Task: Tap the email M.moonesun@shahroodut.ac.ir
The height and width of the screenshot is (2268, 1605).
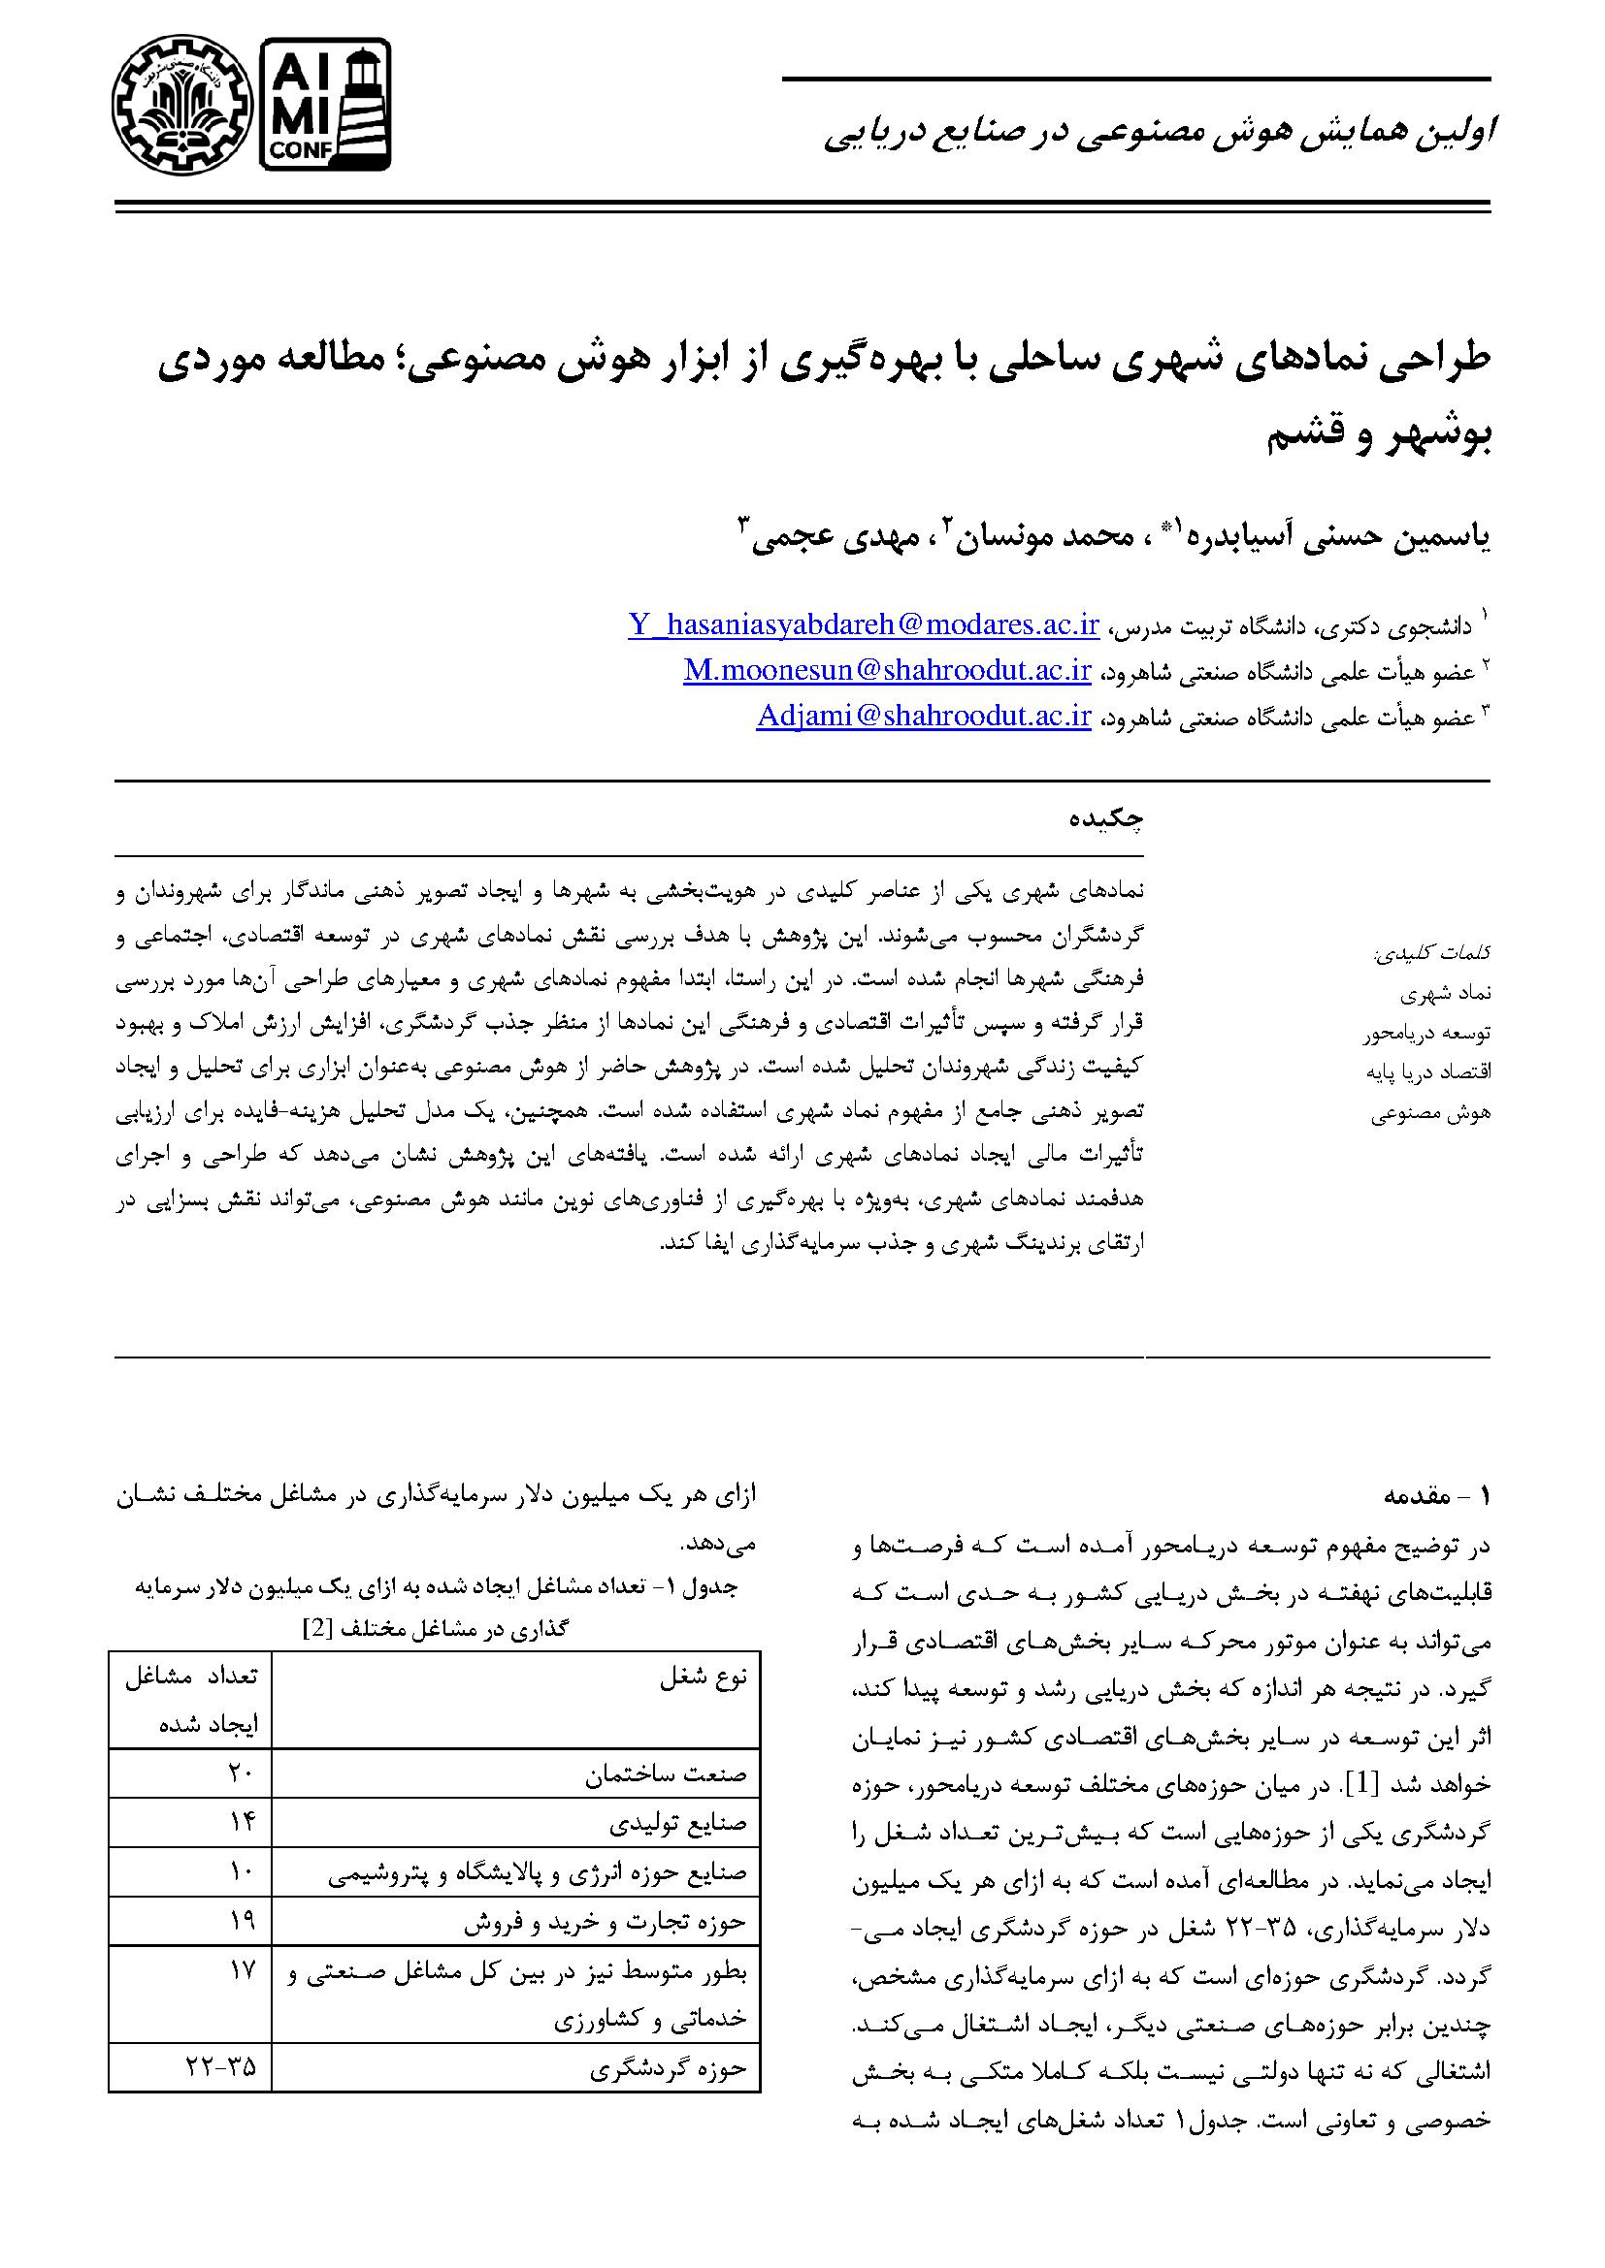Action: tap(887, 671)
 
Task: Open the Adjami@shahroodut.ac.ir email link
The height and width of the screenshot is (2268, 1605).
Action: tap(923, 717)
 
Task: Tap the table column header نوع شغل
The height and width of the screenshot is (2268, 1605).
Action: tap(705, 1678)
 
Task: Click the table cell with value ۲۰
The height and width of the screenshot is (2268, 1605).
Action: tap(242, 1773)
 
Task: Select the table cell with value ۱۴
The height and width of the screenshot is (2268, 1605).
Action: tap(242, 1823)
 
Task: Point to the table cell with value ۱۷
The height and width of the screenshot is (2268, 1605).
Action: tap(242, 1971)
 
